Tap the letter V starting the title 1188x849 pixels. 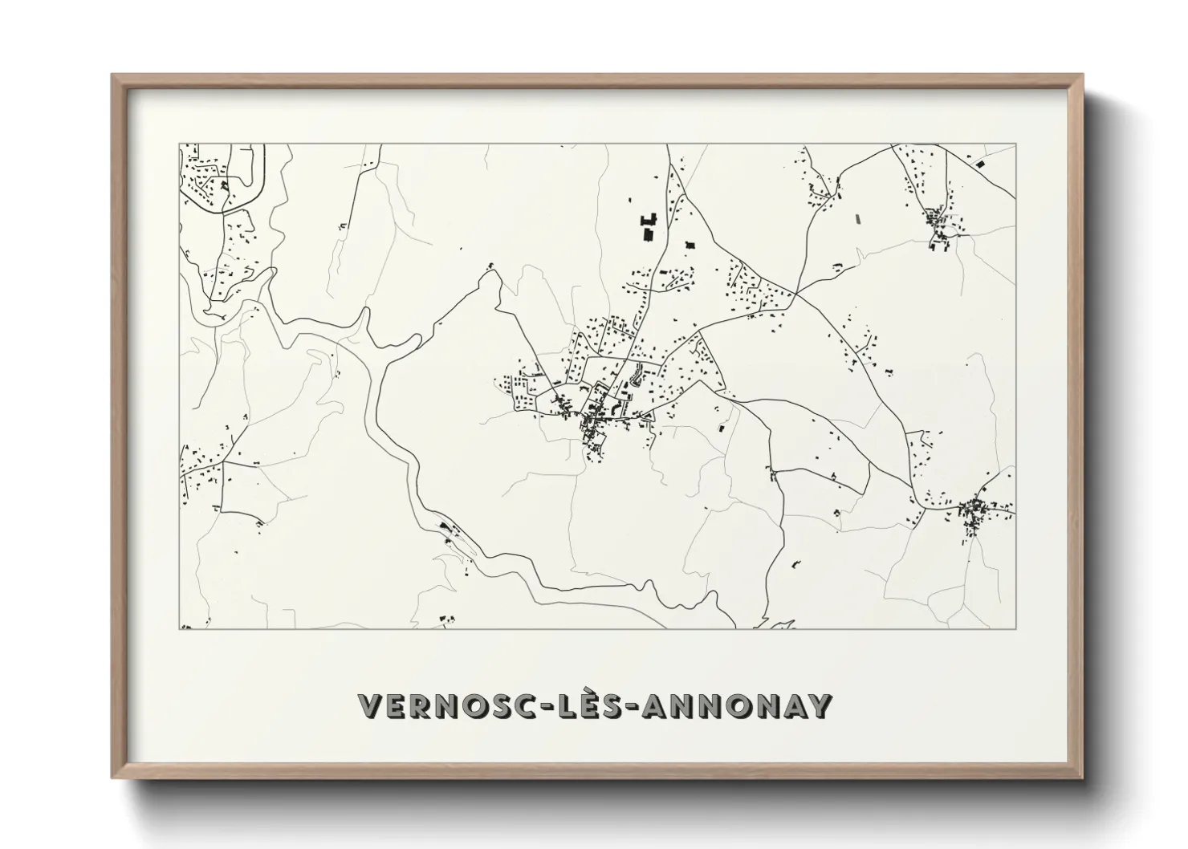(x=370, y=707)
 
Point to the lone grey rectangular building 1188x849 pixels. (x=855, y=218)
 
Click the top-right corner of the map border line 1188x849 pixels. (x=1015, y=144)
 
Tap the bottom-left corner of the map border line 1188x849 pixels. (x=179, y=628)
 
